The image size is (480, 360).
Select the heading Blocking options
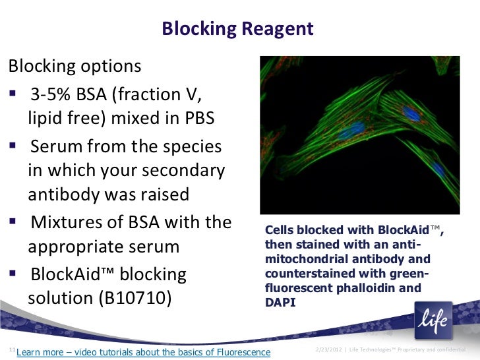pyautogui.click(x=74, y=67)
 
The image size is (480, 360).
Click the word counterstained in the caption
pyautogui.click(x=304, y=274)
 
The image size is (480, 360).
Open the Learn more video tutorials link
pyautogui.click(x=142, y=351)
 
